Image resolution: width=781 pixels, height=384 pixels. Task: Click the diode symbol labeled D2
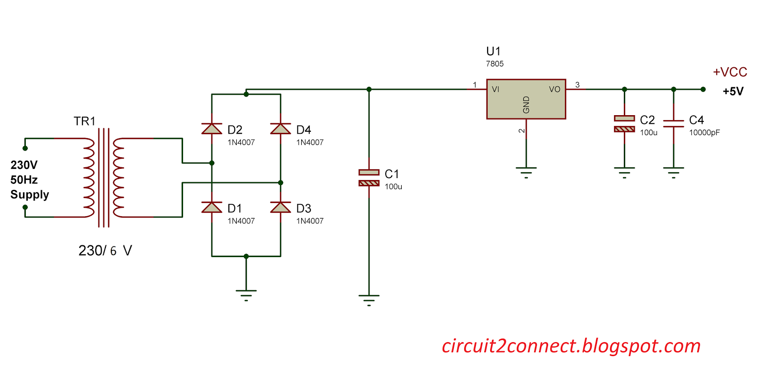click(212, 129)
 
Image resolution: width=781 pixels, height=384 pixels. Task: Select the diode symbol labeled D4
click(281, 129)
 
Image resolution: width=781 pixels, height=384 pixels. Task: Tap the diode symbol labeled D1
click(212, 207)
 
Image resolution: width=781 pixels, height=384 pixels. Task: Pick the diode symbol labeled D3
click(281, 207)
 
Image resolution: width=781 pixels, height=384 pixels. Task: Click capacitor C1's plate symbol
click(369, 178)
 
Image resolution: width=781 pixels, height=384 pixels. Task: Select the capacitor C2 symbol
click(624, 123)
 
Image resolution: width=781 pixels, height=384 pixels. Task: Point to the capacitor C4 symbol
click(674, 123)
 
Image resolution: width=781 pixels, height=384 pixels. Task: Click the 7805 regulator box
click(526, 99)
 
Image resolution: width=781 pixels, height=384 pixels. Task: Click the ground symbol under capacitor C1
click(369, 299)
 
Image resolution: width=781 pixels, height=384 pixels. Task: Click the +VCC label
click(730, 72)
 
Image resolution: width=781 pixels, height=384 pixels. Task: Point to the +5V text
click(733, 91)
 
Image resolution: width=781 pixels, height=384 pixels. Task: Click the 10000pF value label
click(704, 133)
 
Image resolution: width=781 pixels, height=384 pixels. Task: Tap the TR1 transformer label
click(84, 121)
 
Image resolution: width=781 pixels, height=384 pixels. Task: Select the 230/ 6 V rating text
click(105, 250)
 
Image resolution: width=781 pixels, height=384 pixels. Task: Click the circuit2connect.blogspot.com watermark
click(571, 346)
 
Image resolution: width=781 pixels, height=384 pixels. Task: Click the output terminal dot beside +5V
click(703, 89)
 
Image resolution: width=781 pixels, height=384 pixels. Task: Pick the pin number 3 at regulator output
click(577, 85)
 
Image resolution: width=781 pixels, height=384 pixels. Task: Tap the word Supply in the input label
click(30, 195)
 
